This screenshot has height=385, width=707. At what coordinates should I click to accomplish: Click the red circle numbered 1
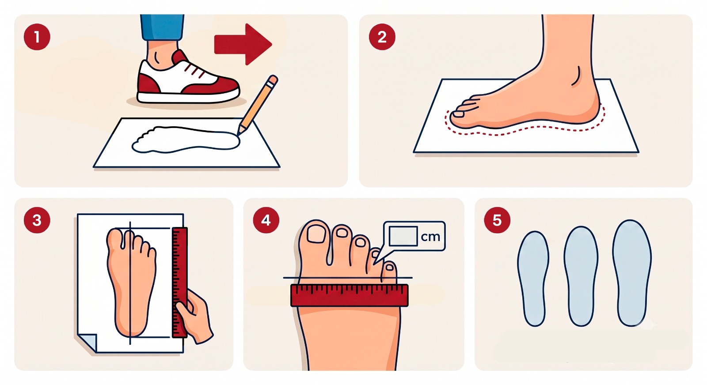[37, 37]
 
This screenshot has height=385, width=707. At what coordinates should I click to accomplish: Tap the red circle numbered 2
[382, 37]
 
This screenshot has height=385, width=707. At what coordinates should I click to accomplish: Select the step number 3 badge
[37, 220]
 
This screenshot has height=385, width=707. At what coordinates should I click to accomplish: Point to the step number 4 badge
[266, 220]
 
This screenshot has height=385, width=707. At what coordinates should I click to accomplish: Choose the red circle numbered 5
[497, 220]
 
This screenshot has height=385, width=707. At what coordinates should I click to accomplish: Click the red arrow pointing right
[243, 45]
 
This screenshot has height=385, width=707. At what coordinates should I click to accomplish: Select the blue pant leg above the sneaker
[162, 27]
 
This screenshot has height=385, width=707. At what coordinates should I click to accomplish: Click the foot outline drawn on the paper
[186, 140]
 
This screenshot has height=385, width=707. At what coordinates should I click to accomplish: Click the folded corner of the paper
[87, 343]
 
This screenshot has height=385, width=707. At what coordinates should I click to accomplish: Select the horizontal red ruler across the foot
[350, 295]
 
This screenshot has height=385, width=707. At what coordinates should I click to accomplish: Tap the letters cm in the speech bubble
[430, 237]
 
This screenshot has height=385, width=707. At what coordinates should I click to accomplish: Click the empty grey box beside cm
[403, 236]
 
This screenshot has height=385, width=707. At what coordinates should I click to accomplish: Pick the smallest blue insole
[533, 279]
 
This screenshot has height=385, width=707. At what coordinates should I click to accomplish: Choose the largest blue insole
[632, 273]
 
